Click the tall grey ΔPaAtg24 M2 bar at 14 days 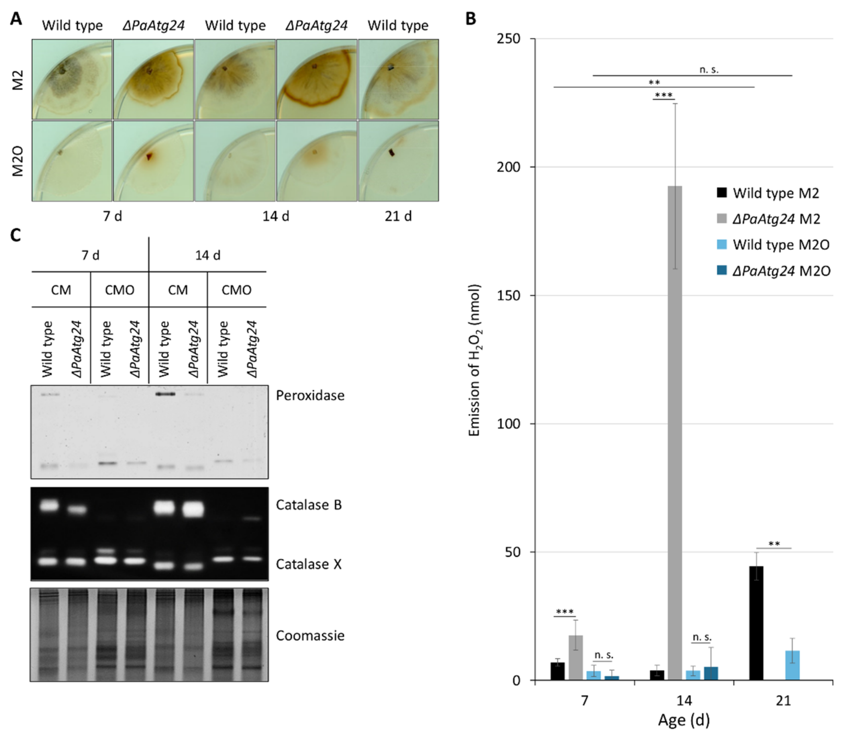[x=675, y=433]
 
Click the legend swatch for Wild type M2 [x=722, y=193]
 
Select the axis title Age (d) [x=684, y=720]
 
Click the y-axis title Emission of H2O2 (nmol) [x=475, y=360]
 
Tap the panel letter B [x=471, y=19]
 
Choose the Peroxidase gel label [x=310, y=395]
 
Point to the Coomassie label [x=310, y=636]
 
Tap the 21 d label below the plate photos [x=398, y=216]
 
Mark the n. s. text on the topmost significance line [x=708, y=70]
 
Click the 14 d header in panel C [x=208, y=255]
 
